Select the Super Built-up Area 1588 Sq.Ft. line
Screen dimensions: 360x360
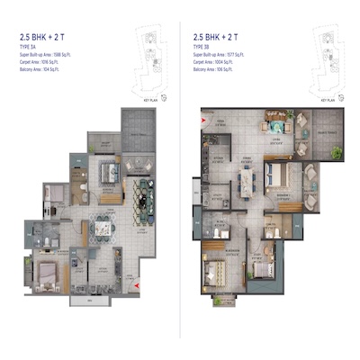(x=49, y=55)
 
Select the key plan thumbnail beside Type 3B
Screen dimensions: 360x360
(x=325, y=54)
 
